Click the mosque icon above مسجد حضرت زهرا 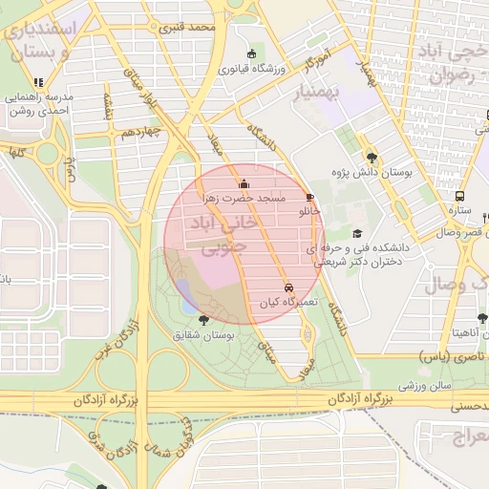244,183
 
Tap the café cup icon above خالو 308,196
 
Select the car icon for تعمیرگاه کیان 287,287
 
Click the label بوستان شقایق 203,335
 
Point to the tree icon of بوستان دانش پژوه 371,159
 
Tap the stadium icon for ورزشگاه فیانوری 251,54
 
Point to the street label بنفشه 108,106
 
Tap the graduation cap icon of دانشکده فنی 357,233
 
